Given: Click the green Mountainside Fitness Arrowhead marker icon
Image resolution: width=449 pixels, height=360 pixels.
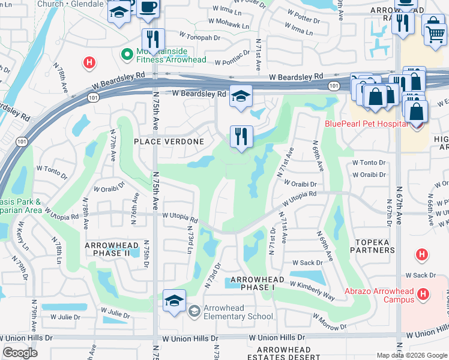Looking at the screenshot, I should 127,55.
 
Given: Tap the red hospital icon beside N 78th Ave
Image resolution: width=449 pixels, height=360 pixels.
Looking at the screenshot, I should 89,62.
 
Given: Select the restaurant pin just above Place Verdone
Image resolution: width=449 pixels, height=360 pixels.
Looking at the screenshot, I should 241,137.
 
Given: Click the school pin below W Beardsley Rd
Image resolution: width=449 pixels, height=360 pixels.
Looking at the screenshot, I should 240,97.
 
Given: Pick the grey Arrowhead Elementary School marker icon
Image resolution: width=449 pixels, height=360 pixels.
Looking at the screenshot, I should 193,311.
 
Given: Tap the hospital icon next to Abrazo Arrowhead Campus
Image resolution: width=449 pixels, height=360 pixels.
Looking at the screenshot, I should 423,293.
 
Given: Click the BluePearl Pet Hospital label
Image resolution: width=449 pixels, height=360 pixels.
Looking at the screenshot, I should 366,124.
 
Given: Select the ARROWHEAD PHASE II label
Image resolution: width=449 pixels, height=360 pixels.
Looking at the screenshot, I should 116,250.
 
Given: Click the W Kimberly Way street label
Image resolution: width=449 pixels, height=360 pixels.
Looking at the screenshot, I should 312,290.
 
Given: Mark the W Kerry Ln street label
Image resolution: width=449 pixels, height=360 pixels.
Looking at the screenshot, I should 22,237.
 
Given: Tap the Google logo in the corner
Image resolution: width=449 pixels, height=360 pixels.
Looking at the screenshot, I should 20,353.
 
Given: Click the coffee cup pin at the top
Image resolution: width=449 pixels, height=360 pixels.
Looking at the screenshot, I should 147,7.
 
